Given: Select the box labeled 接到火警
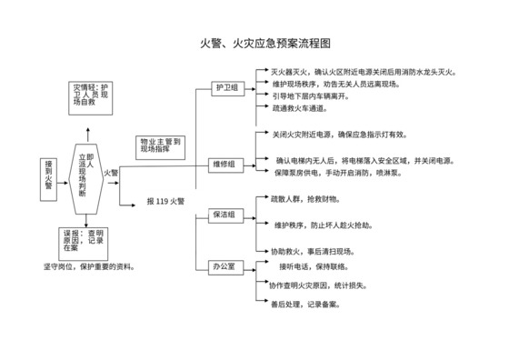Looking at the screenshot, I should (x=49, y=173).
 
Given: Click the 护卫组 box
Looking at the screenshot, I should (x=225, y=88).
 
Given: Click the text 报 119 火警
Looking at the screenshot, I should (x=165, y=201).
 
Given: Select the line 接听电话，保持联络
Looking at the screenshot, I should (x=314, y=267).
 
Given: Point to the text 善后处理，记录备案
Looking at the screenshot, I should (x=304, y=305).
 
